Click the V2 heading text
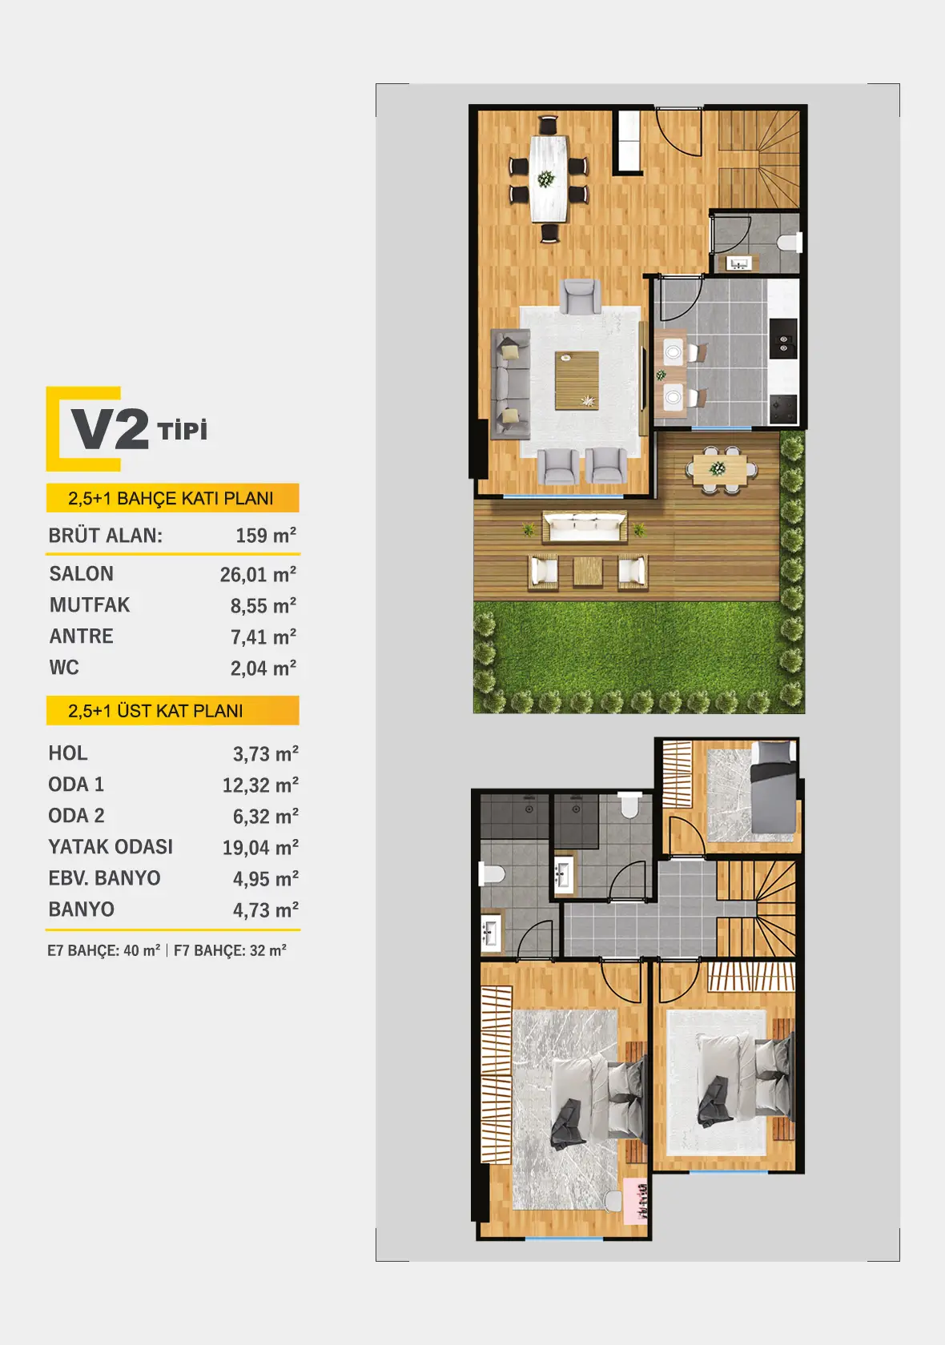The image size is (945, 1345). point(111,429)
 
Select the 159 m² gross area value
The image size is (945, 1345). point(266,535)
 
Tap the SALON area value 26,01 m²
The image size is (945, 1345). point(258,574)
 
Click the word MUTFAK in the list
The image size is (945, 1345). point(90,604)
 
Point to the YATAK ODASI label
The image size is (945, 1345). point(111,847)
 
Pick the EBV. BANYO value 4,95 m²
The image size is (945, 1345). point(266,878)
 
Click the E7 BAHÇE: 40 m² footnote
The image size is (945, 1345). point(104,950)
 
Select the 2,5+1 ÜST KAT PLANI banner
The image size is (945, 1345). point(172,710)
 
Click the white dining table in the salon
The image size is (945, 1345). point(549,179)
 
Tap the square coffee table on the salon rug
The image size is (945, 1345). point(577,380)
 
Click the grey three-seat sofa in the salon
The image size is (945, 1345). point(511,383)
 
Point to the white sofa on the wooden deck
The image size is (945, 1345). point(585,526)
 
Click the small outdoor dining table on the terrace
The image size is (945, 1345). point(720,469)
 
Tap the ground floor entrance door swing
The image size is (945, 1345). point(678,131)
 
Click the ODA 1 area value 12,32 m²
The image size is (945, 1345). point(261,785)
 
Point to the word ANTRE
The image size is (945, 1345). point(81,636)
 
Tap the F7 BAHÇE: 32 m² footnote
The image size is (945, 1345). point(230,950)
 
